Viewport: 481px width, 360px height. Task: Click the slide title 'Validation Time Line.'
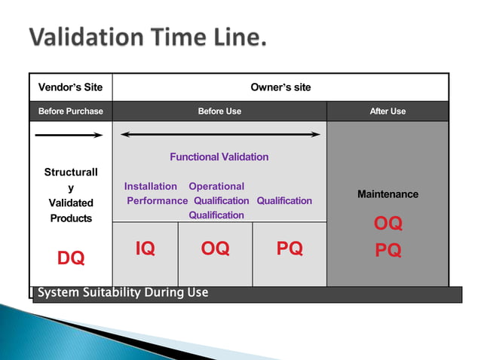(x=148, y=37)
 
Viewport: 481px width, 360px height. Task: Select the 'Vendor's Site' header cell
(x=71, y=87)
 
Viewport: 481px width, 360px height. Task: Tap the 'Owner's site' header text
(x=280, y=87)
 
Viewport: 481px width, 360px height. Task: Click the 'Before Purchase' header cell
(x=71, y=111)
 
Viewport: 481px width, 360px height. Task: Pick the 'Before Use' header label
(x=219, y=111)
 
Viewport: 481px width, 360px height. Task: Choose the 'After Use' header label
(x=388, y=111)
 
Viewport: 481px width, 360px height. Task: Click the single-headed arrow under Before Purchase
(x=69, y=136)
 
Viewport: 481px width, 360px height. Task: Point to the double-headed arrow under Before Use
(x=220, y=135)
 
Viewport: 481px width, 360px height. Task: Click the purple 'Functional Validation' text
(x=219, y=157)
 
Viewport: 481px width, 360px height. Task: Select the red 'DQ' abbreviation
(x=71, y=258)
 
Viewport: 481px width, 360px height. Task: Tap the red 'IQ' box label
(x=146, y=249)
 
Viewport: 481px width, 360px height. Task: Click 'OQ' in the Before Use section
(x=215, y=249)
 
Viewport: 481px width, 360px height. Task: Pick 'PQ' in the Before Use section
(x=290, y=249)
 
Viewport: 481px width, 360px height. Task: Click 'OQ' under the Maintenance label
(x=388, y=224)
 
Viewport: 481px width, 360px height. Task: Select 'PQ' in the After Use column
(x=388, y=251)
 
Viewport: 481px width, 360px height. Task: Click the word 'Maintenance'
(x=388, y=194)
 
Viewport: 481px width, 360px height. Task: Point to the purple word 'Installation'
(x=151, y=186)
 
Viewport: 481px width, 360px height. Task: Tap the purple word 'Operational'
(x=216, y=186)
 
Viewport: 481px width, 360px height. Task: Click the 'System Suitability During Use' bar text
(x=123, y=292)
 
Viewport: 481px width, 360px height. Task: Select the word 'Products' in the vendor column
(x=71, y=218)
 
